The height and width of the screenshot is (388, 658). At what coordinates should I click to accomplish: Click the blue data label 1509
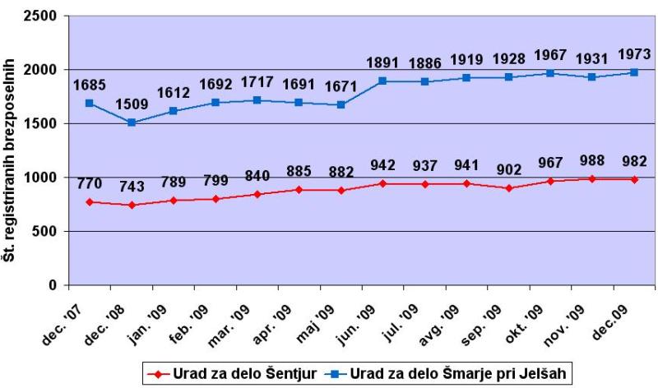(132, 104)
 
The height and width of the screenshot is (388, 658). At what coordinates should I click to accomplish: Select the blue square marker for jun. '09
(382, 81)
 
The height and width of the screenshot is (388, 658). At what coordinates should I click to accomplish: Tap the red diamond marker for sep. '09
(508, 188)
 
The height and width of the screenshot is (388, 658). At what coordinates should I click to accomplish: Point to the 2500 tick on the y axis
(41, 16)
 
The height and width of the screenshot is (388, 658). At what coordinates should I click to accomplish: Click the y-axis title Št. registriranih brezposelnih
(9, 159)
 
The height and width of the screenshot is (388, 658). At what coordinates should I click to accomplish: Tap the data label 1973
(634, 53)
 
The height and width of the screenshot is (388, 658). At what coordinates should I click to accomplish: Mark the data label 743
(132, 186)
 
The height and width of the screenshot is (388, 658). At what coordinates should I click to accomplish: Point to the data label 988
(592, 160)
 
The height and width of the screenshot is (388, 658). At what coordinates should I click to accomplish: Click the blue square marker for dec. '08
(132, 122)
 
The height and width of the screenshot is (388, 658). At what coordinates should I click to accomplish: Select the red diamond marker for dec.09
(634, 179)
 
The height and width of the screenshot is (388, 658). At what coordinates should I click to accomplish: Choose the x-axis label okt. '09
(524, 324)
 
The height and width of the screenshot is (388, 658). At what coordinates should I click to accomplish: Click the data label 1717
(257, 81)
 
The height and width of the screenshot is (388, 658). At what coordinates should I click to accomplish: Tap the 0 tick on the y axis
(53, 285)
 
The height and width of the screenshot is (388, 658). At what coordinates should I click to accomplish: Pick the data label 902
(508, 169)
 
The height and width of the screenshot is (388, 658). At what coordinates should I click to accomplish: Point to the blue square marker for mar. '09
(257, 100)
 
